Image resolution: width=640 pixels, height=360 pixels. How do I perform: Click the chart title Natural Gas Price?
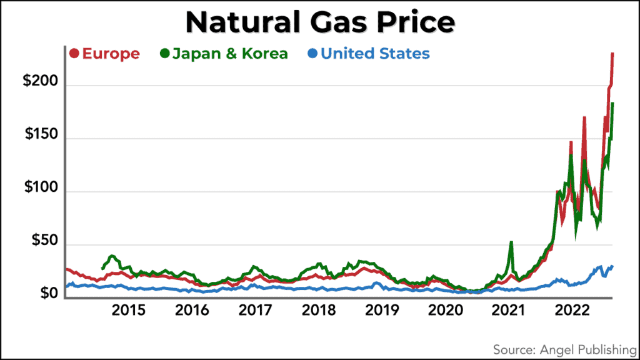tap(319, 23)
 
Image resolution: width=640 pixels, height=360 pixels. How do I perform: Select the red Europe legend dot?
tap(74, 54)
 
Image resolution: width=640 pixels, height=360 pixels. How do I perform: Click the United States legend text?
tap(375, 54)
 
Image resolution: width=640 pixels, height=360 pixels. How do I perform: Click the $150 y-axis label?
tap(41, 136)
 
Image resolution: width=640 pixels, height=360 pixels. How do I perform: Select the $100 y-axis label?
tap(41, 188)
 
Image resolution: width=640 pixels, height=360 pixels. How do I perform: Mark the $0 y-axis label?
tap(47, 292)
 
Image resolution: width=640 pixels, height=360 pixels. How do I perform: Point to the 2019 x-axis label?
tap(381, 311)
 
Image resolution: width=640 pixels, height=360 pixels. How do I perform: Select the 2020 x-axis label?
tap(444, 311)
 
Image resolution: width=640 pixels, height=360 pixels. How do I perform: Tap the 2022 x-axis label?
tap(571, 311)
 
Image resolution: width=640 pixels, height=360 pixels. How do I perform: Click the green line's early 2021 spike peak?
tap(511, 242)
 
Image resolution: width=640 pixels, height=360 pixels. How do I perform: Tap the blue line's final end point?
tap(612, 266)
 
